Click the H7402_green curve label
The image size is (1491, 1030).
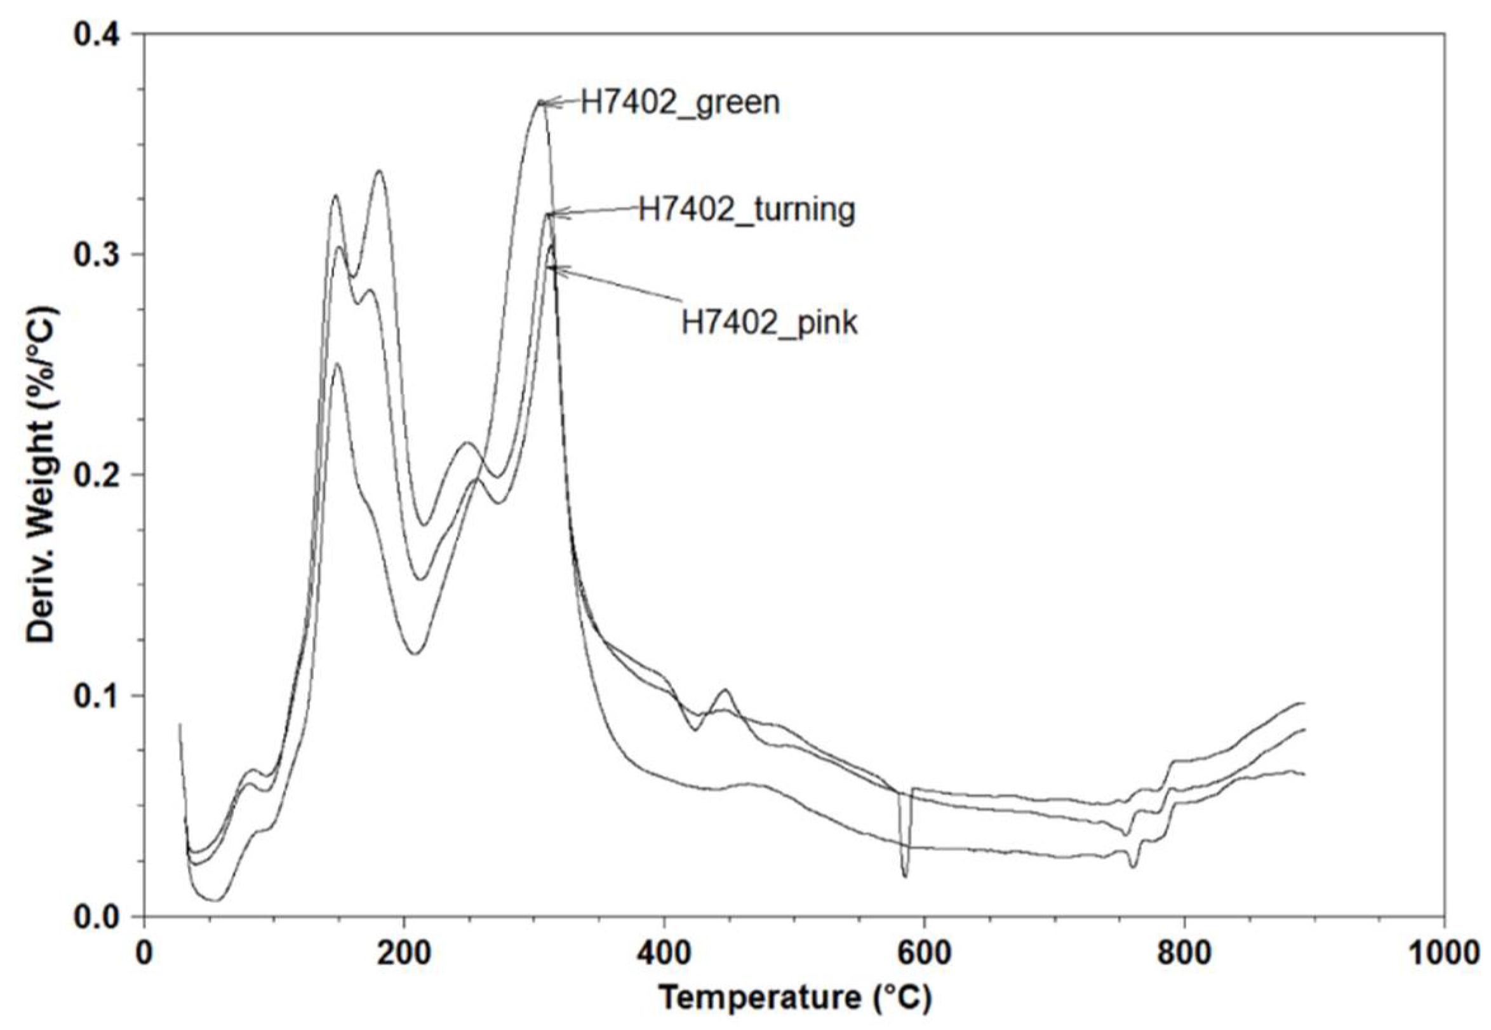click(x=679, y=102)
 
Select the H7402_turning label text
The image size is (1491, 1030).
click(x=746, y=209)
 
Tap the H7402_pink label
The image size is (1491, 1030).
click(x=770, y=322)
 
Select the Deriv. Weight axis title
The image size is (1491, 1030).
click(x=42, y=475)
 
